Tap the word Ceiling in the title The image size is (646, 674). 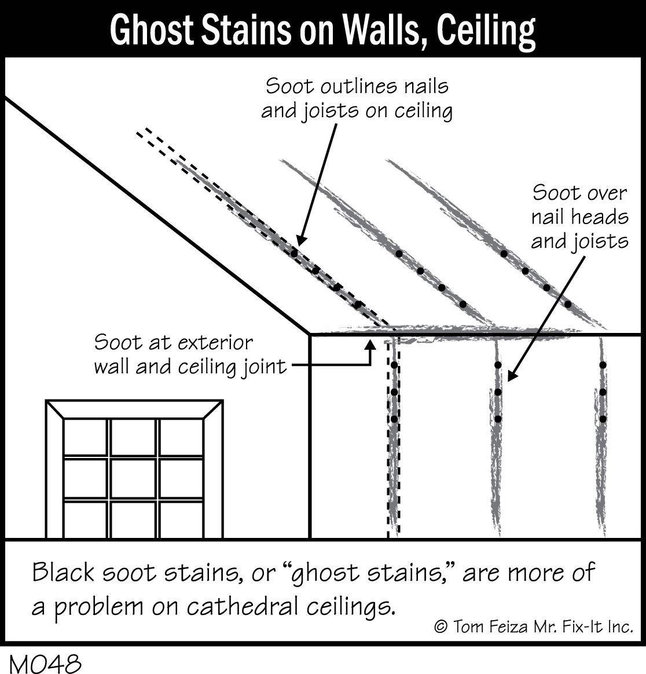(x=486, y=30)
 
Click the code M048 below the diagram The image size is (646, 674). (x=45, y=664)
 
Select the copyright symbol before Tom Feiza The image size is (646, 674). (x=441, y=627)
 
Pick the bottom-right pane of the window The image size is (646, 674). (x=181, y=519)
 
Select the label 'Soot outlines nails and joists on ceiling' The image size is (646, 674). (x=357, y=98)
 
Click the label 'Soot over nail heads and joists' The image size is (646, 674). (x=579, y=216)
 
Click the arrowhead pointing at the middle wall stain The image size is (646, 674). (x=511, y=378)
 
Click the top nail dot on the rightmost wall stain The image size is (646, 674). (x=602, y=365)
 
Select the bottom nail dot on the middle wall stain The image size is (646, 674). (x=498, y=419)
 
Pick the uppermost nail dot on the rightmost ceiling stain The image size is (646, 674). (x=504, y=254)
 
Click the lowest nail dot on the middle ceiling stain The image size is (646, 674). (x=463, y=304)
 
